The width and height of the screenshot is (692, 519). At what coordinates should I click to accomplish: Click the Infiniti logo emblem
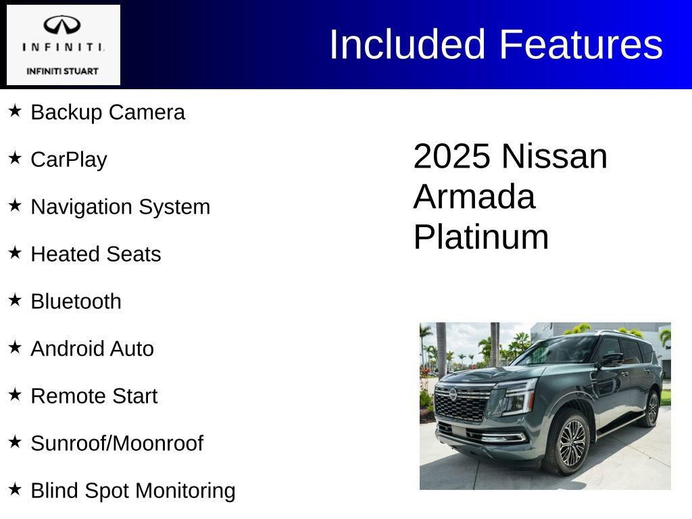coord(62,26)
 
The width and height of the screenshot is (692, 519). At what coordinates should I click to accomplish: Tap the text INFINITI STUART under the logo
coord(62,71)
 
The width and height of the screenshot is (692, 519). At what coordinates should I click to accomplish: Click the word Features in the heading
coord(581,45)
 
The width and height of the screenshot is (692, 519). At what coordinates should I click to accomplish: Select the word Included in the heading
coord(407,45)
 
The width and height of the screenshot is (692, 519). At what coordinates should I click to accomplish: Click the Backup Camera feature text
coord(107,112)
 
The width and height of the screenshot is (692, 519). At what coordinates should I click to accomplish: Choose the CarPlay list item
coord(69,159)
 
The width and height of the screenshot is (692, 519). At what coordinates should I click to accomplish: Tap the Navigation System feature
coord(120,207)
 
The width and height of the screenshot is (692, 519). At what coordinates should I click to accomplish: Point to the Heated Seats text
coord(96,254)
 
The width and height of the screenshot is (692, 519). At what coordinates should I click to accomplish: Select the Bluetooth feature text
coord(76,301)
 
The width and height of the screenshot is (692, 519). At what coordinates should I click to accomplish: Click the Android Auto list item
coord(92,349)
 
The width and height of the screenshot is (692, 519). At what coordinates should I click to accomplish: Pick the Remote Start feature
coord(94,396)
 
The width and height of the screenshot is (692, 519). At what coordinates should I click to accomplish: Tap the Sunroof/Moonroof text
coord(117,443)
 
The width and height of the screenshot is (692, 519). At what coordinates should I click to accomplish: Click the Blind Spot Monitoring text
coord(133,491)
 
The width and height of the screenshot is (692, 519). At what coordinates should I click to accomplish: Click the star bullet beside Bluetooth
coord(15,299)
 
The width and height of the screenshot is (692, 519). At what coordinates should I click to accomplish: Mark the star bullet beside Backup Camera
coord(15,110)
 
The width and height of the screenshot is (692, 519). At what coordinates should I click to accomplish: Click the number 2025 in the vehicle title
coord(451,156)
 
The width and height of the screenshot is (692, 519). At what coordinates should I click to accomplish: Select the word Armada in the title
coord(474,197)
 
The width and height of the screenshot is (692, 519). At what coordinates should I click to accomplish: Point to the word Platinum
coord(480,237)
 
